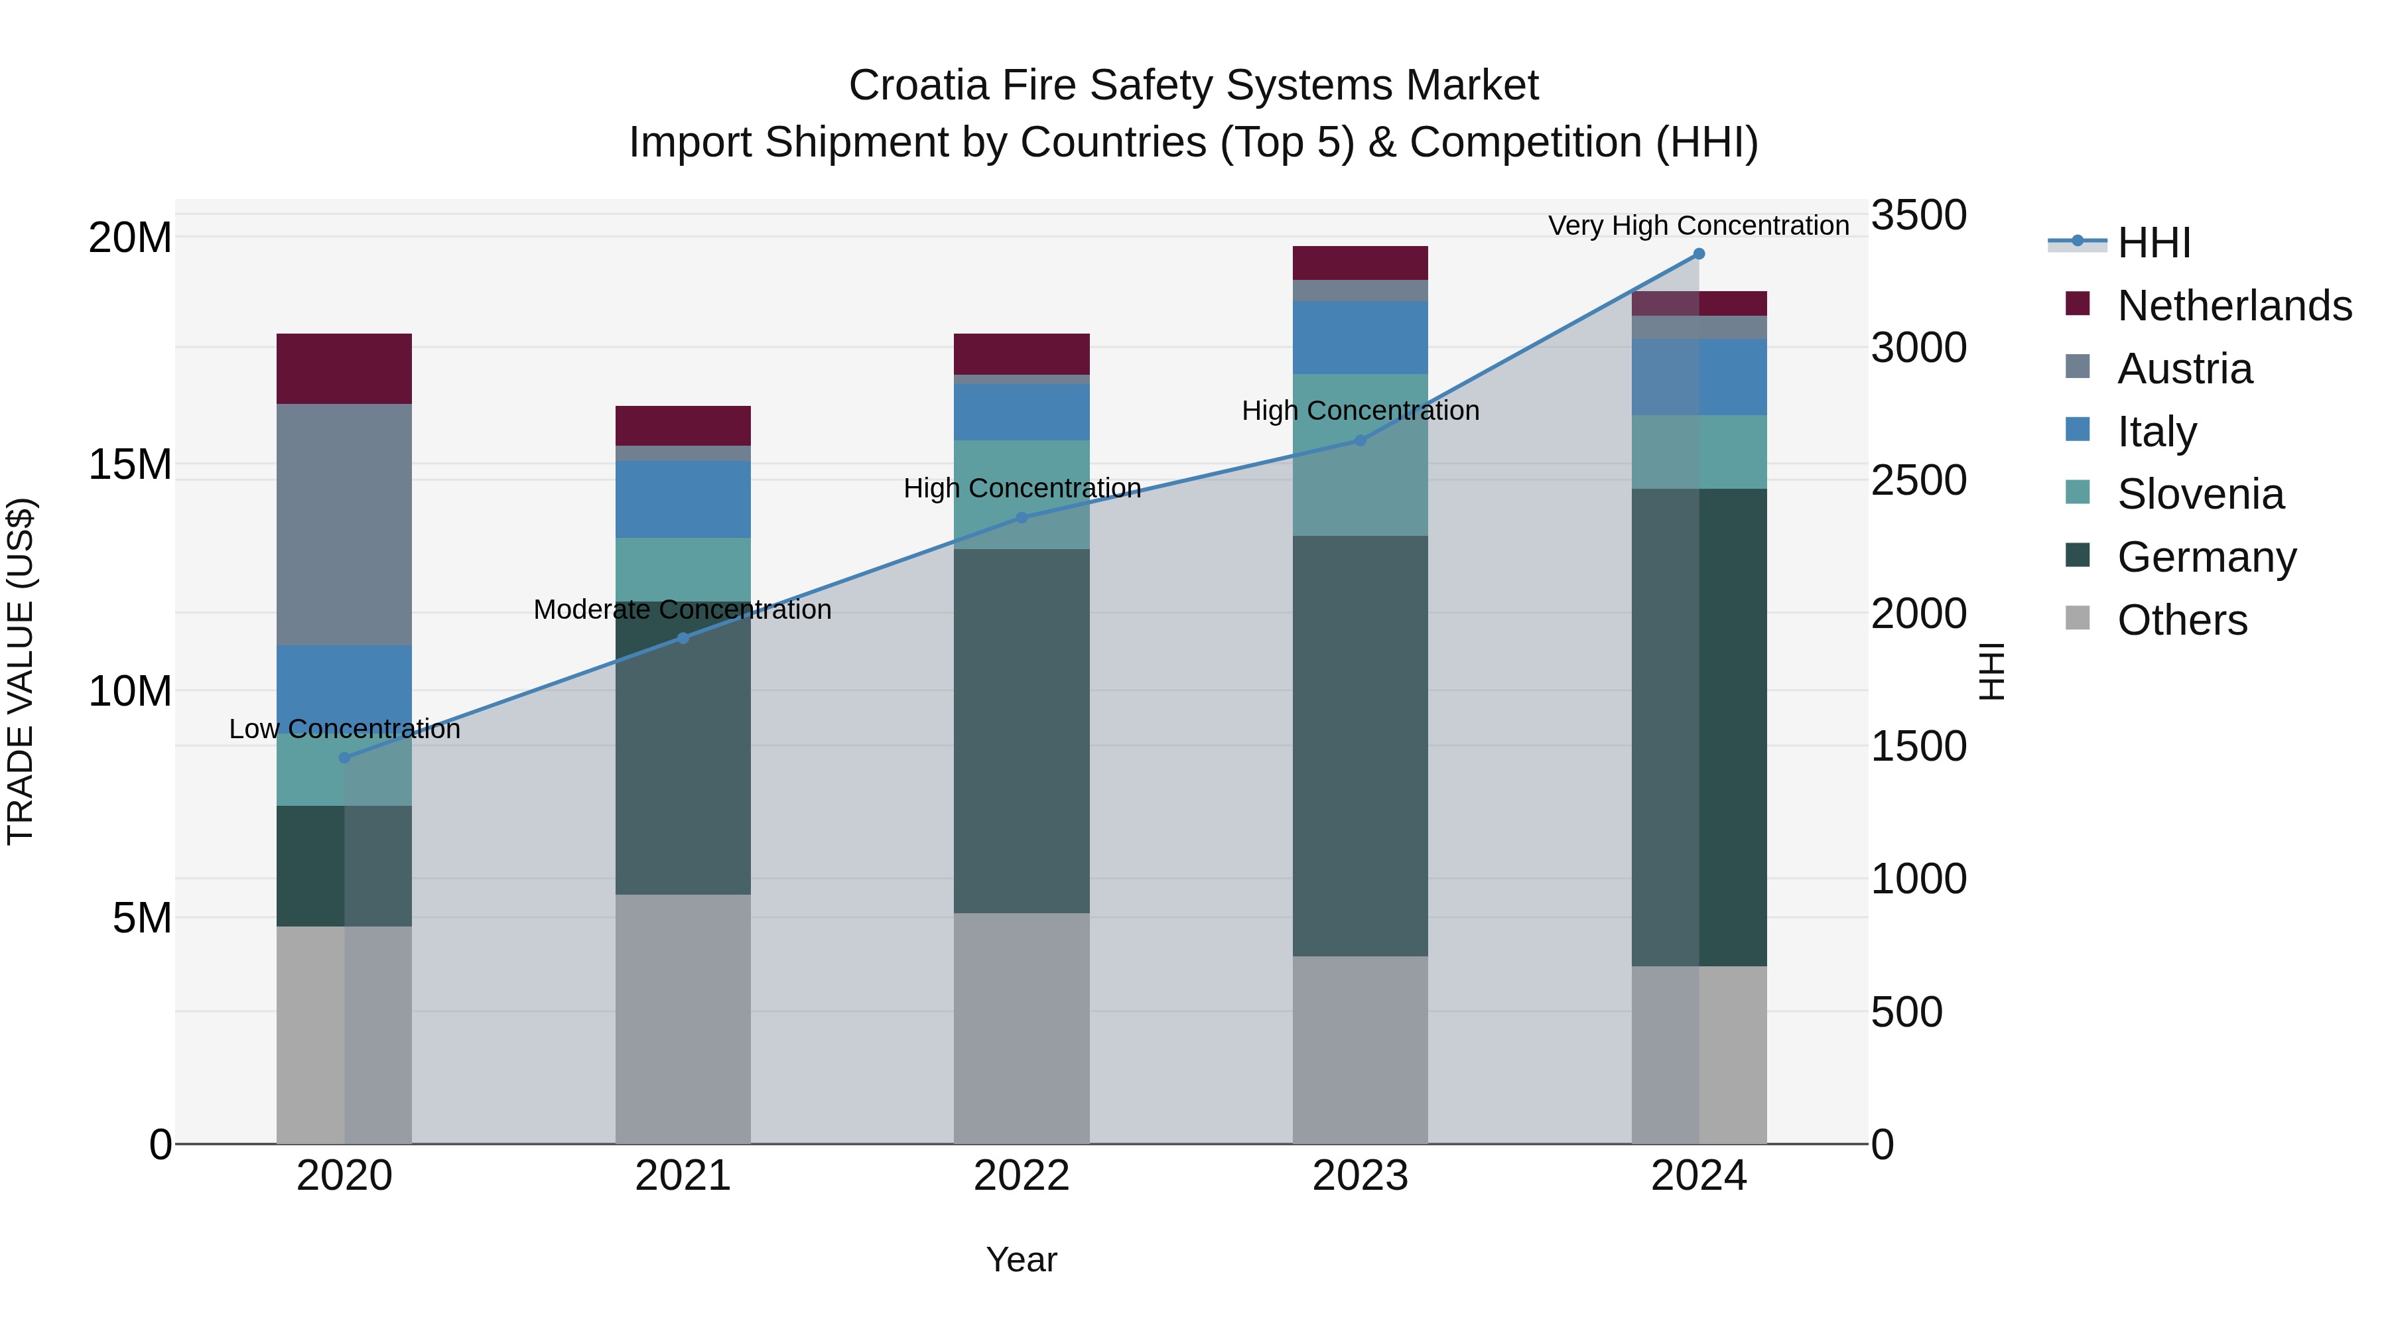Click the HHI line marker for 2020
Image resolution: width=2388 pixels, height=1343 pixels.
tap(345, 757)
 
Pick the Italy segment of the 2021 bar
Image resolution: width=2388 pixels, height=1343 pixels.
tap(683, 499)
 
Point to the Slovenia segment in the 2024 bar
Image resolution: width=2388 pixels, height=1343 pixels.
tap(1699, 452)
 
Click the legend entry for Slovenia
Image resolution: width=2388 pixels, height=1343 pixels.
tap(2200, 494)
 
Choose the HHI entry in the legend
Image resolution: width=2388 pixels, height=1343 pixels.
tap(2153, 243)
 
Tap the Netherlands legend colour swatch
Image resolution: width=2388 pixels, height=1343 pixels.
tap(2078, 304)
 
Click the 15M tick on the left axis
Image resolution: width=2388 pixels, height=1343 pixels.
tap(130, 464)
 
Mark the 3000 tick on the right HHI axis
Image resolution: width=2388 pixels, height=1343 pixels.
tap(1918, 348)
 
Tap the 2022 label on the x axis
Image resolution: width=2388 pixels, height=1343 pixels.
tap(1022, 1176)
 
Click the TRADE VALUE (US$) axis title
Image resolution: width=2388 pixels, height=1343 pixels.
tap(21, 671)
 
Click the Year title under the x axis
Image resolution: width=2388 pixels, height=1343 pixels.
tap(1022, 1259)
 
